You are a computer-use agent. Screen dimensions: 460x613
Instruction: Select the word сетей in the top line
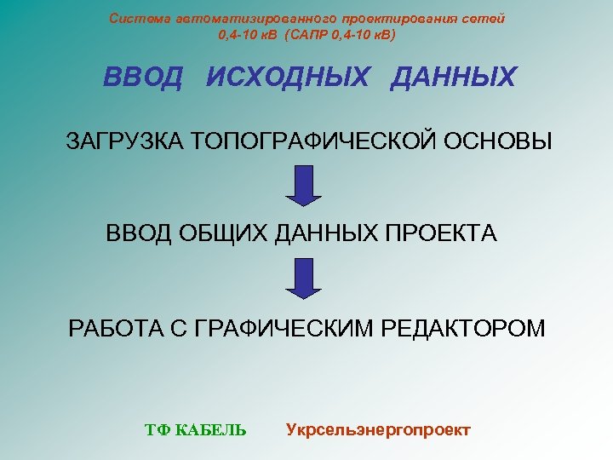click(x=485, y=19)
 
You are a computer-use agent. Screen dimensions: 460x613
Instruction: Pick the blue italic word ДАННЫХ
click(x=453, y=78)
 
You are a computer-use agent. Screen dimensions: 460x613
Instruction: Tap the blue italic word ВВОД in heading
click(x=142, y=78)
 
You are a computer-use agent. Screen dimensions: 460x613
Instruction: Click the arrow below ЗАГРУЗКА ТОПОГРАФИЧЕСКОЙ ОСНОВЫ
click(x=303, y=186)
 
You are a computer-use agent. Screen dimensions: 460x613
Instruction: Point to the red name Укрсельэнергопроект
click(x=378, y=429)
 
